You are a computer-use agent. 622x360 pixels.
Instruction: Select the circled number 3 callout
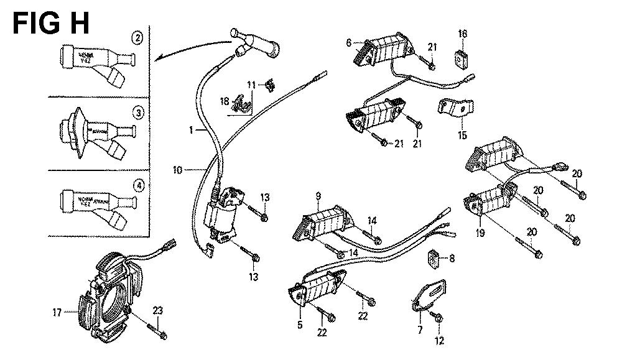pos(138,113)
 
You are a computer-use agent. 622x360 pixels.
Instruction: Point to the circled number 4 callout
pos(138,185)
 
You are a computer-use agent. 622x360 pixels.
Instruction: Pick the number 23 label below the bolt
pos(158,310)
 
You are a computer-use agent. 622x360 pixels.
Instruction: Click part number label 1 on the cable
pos(193,130)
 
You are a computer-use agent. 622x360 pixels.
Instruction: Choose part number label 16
pos(462,33)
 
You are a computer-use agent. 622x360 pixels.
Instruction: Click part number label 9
pos(318,198)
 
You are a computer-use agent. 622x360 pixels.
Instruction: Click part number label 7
pos(419,329)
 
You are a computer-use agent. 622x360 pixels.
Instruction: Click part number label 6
pos(350,42)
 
